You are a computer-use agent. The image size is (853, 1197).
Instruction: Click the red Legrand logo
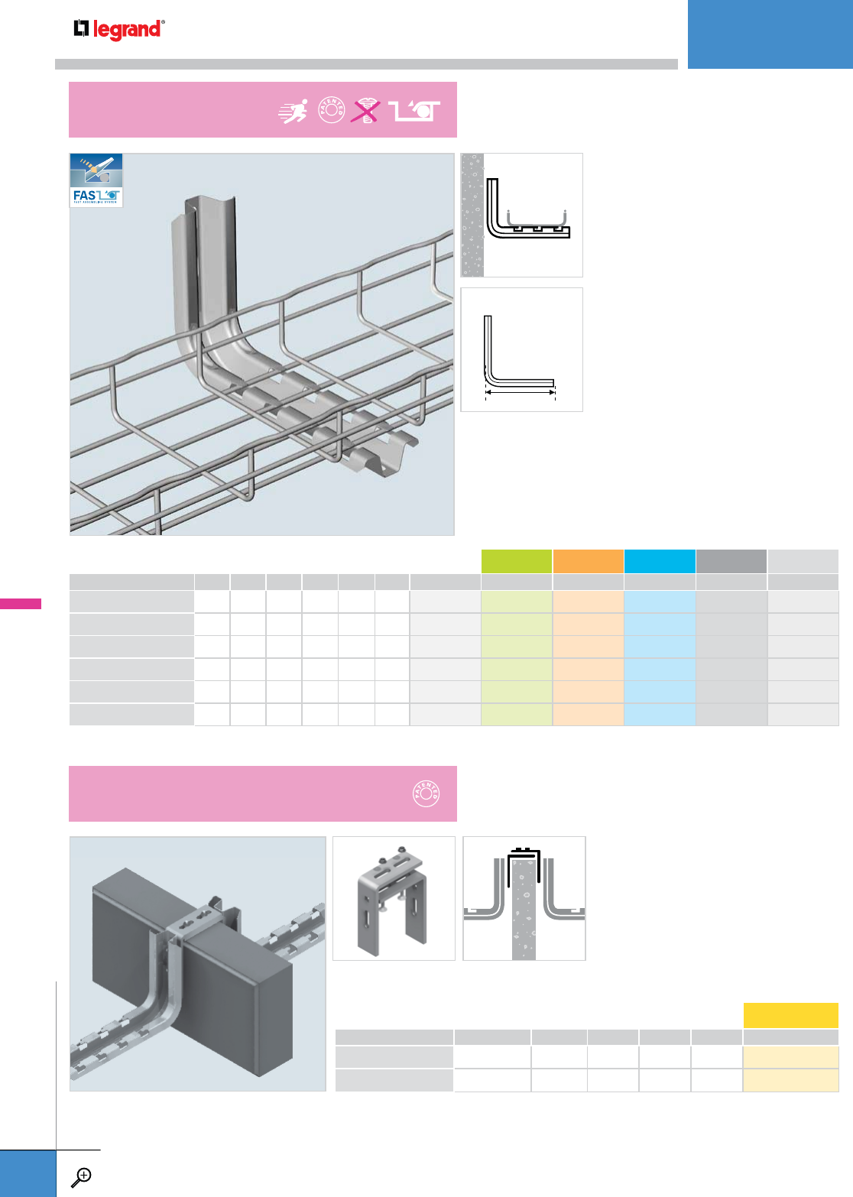[x=118, y=29]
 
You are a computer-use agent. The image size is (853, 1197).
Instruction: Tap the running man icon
[x=294, y=112]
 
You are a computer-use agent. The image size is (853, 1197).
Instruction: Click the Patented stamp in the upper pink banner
[x=331, y=112]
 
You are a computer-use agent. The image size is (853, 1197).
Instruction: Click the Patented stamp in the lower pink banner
[x=426, y=793]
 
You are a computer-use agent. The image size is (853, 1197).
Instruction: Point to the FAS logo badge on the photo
[x=96, y=180]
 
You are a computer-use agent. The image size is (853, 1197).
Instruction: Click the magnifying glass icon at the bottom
[x=81, y=1177]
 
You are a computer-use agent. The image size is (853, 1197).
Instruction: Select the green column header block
[x=517, y=561]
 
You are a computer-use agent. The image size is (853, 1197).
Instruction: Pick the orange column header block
[x=588, y=561]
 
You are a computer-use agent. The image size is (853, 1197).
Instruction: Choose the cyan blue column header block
[x=660, y=561]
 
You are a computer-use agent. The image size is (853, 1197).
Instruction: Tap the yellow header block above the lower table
[x=790, y=1015]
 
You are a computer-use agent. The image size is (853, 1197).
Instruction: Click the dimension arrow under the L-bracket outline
[x=521, y=391]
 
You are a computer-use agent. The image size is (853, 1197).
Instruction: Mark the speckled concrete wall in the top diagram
[x=472, y=215]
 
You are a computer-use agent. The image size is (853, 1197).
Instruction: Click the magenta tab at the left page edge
[x=21, y=604]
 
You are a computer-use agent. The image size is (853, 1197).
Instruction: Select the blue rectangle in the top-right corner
[x=770, y=34]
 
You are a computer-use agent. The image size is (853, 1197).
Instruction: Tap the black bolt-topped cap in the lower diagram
[x=524, y=852]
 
